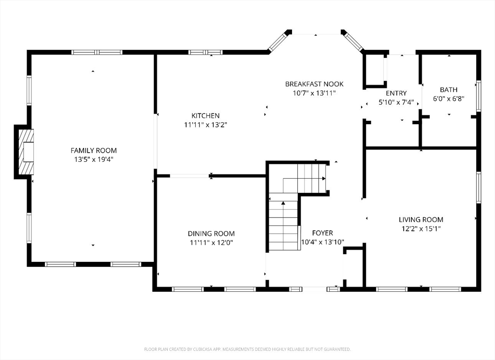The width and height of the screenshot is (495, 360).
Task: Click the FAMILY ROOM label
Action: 93,150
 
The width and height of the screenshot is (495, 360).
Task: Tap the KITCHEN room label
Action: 205,115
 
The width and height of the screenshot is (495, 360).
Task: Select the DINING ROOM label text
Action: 211,233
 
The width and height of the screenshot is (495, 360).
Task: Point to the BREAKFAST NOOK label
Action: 314,84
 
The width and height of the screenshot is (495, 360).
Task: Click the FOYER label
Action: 322,233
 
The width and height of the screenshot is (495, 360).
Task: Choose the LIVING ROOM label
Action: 421,219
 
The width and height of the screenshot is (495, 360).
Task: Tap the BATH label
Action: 449,89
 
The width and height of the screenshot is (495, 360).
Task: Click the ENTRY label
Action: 396,93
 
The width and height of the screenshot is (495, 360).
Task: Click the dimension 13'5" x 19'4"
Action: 93,159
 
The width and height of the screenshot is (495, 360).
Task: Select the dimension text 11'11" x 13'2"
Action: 205,125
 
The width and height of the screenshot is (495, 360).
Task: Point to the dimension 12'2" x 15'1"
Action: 421,229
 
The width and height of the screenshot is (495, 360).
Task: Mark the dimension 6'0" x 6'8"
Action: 449,99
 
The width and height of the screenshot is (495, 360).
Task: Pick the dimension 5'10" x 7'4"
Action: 396,102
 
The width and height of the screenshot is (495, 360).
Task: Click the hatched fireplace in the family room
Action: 26,151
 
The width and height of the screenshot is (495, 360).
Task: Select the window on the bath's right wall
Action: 479,96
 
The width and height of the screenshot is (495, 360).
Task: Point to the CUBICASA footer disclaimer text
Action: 247,349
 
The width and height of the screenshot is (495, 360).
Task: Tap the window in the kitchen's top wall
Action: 205,52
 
